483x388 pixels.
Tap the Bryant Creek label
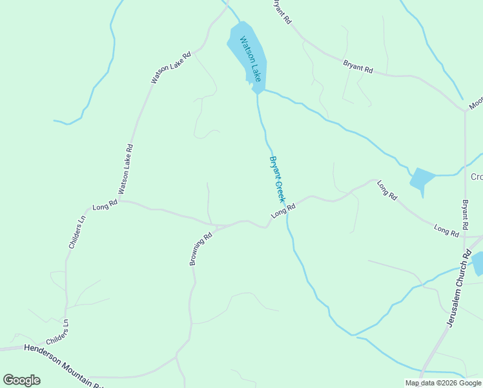[x=277, y=179]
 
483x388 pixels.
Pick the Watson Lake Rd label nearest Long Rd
[x=125, y=169]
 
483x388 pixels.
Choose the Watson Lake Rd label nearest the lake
[x=171, y=67]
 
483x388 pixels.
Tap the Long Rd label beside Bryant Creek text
[x=283, y=211]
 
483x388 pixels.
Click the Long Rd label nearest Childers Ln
[x=105, y=206]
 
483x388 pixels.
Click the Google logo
[x=21, y=380]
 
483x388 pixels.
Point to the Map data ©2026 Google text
[x=443, y=383]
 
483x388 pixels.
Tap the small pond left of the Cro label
[x=422, y=179]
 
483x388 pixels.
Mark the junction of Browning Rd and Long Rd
[x=217, y=226]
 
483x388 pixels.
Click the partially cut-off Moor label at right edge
[x=476, y=103]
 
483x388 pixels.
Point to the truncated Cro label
[x=477, y=177]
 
